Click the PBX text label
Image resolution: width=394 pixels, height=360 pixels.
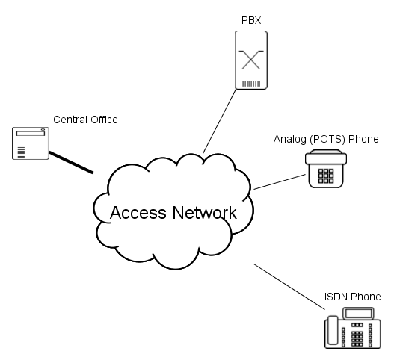[251, 20]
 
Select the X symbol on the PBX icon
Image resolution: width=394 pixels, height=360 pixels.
[250, 60]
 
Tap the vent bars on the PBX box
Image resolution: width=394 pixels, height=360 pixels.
[251, 84]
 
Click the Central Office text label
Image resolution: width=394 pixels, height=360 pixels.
[85, 120]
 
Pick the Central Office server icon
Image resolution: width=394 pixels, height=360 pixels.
[31, 143]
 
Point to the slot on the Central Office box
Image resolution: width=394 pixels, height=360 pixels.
[31, 134]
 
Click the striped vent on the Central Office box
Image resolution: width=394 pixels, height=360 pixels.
[21, 152]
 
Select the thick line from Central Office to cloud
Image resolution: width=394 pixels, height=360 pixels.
[71, 162]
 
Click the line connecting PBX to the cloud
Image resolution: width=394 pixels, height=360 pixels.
[219, 121]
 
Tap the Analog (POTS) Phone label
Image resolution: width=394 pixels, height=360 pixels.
[326, 139]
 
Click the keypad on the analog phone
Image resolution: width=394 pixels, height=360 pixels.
[326, 176]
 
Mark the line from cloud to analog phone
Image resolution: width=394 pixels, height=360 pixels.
[280, 181]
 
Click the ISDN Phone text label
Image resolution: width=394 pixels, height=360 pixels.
[353, 297]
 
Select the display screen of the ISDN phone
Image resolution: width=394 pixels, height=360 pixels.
[359, 313]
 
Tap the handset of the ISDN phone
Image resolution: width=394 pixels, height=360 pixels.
[333, 330]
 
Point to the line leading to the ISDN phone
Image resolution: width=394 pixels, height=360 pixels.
[289, 287]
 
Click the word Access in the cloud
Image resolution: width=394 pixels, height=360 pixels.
[138, 213]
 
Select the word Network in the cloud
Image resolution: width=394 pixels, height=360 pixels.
[205, 213]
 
